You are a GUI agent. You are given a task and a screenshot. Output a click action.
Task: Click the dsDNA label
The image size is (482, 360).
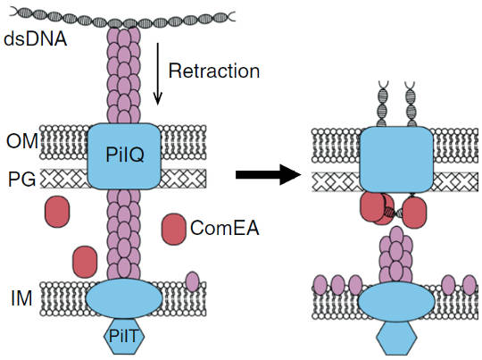[x=36, y=39]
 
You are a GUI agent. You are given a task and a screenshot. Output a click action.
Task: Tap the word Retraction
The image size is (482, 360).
[x=214, y=71]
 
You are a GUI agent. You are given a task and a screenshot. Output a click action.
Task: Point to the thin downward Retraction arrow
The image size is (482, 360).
[x=158, y=74]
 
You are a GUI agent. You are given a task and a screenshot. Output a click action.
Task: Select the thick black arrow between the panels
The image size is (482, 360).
[x=268, y=175]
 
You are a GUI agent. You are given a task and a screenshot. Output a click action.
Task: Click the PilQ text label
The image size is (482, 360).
[x=125, y=155]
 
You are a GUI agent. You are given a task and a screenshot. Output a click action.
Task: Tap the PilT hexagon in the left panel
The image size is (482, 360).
[x=124, y=336]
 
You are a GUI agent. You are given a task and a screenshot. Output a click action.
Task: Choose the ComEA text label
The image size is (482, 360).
[x=225, y=228]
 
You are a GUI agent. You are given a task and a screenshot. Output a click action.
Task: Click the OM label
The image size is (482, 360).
[x=22, y=141]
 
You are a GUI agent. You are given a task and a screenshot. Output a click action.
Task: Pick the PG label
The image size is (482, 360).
[x=21, y=179]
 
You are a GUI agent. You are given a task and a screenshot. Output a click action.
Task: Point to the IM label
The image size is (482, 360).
[x=21, y=297]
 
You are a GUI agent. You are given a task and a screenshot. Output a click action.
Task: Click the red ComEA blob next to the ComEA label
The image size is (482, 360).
[x=174, y=230]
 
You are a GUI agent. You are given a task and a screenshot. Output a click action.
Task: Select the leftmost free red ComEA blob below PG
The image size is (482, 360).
[x=57, y=212]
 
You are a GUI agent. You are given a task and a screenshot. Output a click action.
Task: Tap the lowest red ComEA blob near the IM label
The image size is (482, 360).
[x=85, y=262]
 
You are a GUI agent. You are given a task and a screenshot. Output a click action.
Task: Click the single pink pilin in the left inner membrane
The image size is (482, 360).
[x=193, y=281]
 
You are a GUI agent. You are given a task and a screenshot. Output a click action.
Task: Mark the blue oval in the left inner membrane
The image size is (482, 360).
[x=124, y=298]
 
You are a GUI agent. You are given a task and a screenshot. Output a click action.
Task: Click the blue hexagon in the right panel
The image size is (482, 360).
[x=396, y=339]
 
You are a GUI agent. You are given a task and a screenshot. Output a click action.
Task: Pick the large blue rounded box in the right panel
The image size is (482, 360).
[x=396, y=159]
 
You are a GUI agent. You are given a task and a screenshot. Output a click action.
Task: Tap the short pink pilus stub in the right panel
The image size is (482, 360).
[x=396, y=255]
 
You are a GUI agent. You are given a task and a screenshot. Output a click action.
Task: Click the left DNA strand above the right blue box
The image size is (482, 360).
[x=382, y=104]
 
